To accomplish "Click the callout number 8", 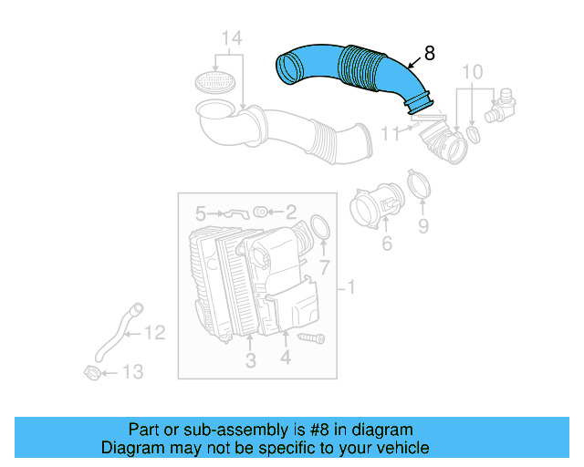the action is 429,53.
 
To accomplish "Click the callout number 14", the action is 233,38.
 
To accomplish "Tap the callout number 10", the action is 472,72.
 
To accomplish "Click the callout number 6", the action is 386,243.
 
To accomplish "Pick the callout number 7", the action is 323,266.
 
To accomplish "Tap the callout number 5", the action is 200,213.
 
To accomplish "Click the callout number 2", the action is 291,213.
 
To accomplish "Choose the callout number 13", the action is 133,371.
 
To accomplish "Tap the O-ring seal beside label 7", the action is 320,228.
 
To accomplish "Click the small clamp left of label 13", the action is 92,372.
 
